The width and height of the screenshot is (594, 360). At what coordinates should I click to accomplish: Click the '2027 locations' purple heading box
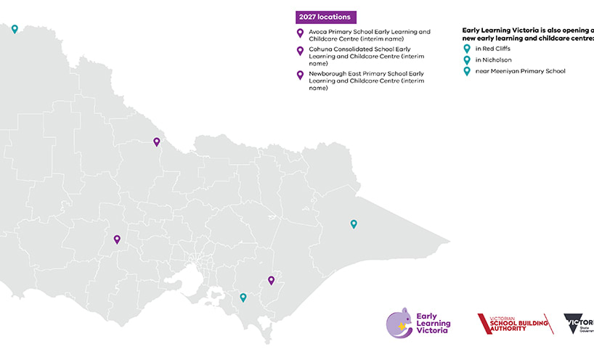click(x=325, y=17)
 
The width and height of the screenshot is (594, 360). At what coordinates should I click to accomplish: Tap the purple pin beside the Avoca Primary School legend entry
click(x=301, y=33)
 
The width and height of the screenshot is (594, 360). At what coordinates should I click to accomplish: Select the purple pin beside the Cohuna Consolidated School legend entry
click(x=301, y=51)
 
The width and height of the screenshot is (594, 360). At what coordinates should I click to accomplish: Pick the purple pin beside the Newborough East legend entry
click(x=301, y=75)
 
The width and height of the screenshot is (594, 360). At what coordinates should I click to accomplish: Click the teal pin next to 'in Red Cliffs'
click(x=468, y=49)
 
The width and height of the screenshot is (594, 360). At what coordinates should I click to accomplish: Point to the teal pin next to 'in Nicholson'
click(x=468, y=60)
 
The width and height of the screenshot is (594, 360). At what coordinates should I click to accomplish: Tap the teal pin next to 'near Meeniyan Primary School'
click(x=468, y=71)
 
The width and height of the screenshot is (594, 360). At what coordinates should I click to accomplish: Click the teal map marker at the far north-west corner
click(x=15, y=29)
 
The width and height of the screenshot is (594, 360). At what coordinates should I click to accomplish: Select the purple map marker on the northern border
click(x=156, y=142)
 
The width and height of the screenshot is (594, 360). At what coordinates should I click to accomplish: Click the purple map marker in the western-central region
click(x=116, y=239)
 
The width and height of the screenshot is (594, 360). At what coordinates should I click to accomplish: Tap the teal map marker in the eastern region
click(x=354, y=224)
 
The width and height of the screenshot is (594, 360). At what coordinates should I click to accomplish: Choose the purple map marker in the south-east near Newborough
click(x=271, y=280)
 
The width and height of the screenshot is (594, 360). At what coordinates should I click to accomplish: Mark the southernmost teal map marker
click(x=243, y=297)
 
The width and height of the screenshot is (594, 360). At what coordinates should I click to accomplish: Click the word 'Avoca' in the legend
click(x=318, y=32)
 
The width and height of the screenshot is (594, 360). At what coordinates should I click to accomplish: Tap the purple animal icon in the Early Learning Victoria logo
click(x=399, y=323)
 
